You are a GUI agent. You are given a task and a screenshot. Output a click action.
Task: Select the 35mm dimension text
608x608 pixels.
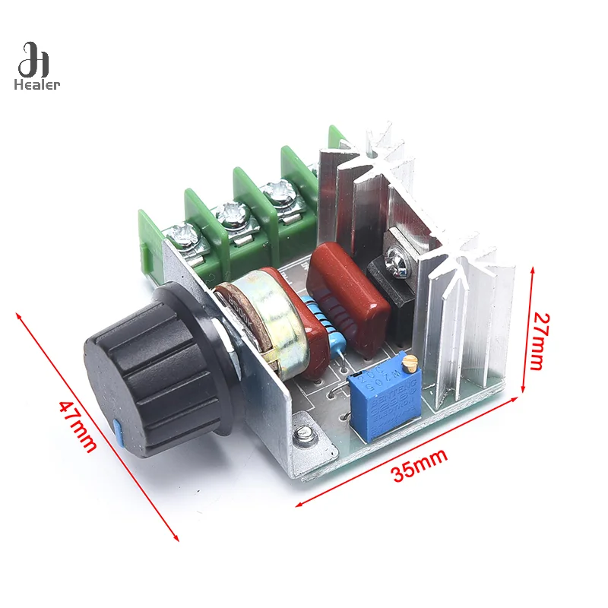pyautogui.click(x=420, y=465)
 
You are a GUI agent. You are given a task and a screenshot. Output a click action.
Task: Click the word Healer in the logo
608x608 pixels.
pyautogui.click(x=36, y=84)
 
